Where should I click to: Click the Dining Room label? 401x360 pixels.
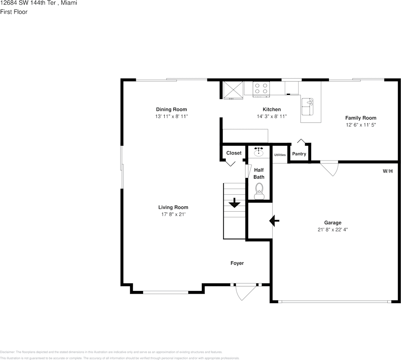pyautogui.click(x=171, y=109)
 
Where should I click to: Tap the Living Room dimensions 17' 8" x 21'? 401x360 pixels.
pyautogui.click(x=173, y=214)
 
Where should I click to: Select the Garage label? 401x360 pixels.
pyautogui.click(x=332, y=223)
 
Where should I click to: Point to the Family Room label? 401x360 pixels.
pyautogui.click(x=360, y=118)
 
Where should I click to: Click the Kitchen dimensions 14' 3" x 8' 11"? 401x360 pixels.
pyautogui.click(x=272, y=116)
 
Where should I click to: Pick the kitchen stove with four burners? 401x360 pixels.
pyautogui.click(x=261, y=88)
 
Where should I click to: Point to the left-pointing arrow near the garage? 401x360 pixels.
pyautogui.click(x=274, y=221)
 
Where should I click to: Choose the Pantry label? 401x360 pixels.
pyautogui.click(x=299, y=154)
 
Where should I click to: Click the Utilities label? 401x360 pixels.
pyautogui.click(x=280, y=155)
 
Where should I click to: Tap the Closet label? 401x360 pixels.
pyautogui.click(x=234, y=153)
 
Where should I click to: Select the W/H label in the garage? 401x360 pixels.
pyautogui.click(x=387, y=171)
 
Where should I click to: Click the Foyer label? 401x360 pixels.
pyautogui.click(x=237, y=263)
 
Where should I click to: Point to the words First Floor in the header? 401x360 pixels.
pyautogui.click(x=14, y=12)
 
